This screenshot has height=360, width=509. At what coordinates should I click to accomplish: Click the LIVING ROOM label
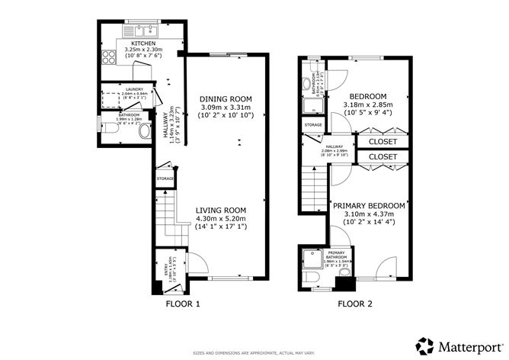click(x=219, y=210)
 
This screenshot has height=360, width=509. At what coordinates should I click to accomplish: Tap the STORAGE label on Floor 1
click(x=165, y=178)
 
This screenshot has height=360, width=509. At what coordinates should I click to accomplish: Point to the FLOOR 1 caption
click(x=183, y=304)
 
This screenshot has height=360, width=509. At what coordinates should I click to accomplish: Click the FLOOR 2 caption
click(x=355, y=304)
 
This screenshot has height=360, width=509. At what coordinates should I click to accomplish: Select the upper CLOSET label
click(x=383, y=142)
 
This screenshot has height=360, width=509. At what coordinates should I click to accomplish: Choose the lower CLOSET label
click(x=383, y=157)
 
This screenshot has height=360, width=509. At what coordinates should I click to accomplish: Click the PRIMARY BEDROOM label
click(x=368, y=206)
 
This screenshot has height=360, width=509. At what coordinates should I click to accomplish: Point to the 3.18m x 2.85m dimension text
click(x=370, y=104)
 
